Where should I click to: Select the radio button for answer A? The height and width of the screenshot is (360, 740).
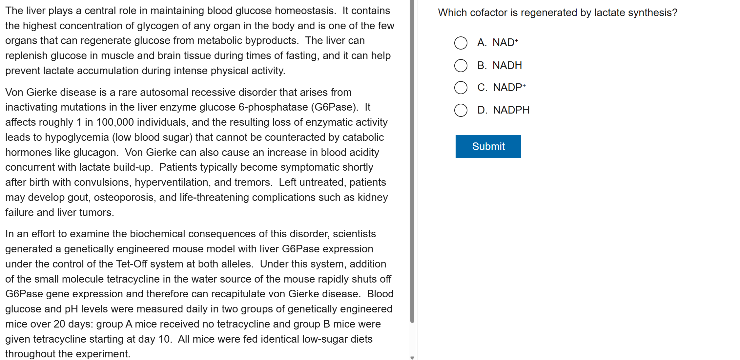click(461, 43)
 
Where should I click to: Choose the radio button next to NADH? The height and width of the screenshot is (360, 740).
click(461, 65)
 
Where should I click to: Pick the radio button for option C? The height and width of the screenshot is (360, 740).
click(461, 88)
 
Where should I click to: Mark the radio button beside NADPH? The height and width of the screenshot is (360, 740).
click(461, 110)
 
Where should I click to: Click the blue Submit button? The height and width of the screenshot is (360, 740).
click(488, 146)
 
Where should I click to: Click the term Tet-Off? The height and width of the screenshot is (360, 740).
click(131, 264)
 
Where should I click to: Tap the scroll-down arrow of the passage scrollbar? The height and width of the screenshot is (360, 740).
click(412, 357)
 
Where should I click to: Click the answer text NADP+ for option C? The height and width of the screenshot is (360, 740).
click(509, 88)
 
